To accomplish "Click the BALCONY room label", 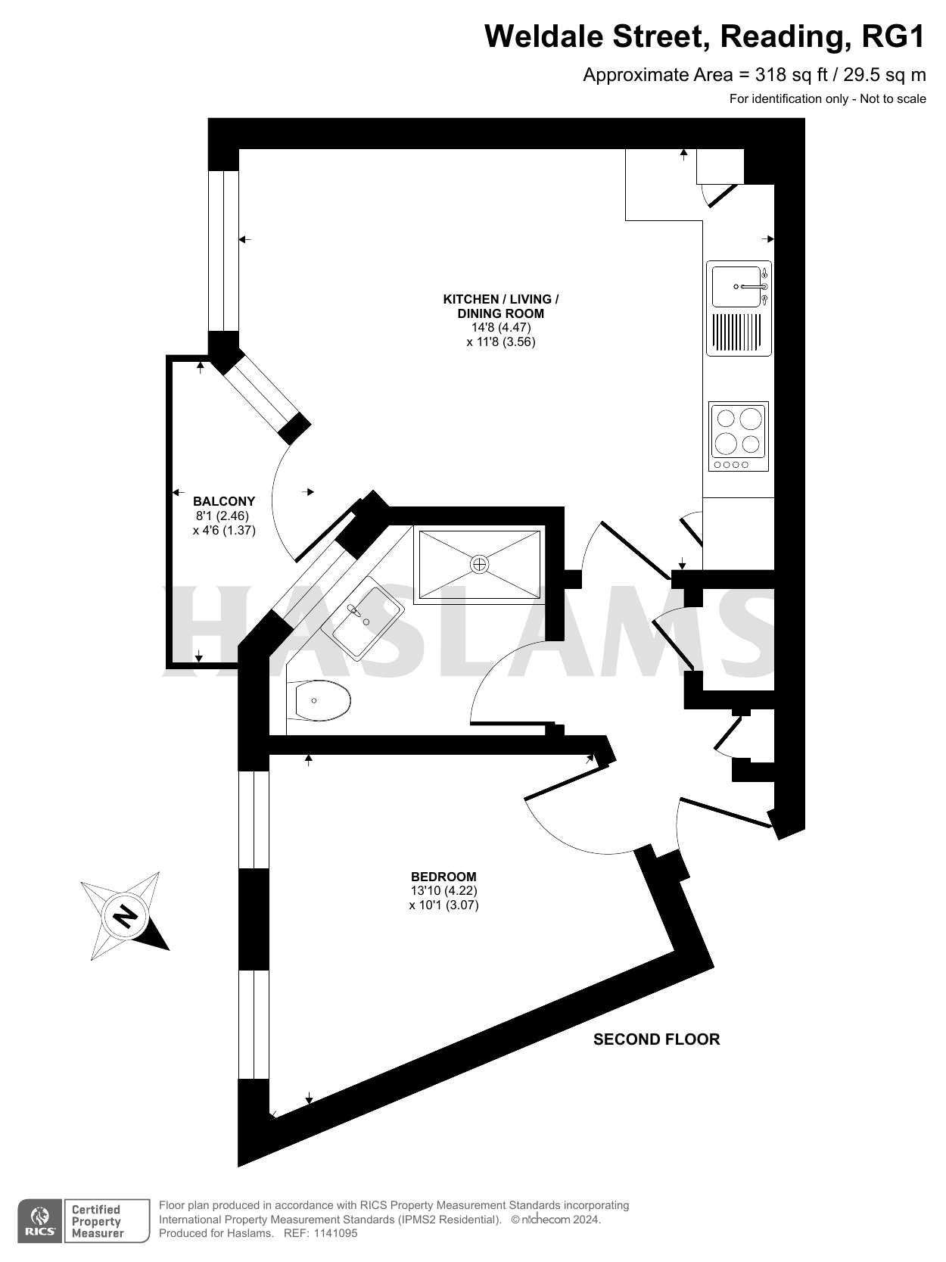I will [x=224, y=501].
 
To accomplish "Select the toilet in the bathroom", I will [x=321, y=701].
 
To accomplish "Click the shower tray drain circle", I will [x=480, y=564].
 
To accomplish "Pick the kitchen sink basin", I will [x=733, y=287].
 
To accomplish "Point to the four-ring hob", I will [x=739, y=436].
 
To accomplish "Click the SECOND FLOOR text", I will [x=656, y=1039].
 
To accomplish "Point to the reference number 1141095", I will [x=331, y=1233].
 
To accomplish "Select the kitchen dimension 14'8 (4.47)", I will [x=501, y=328].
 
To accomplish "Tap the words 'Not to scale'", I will [x=893, y=98].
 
